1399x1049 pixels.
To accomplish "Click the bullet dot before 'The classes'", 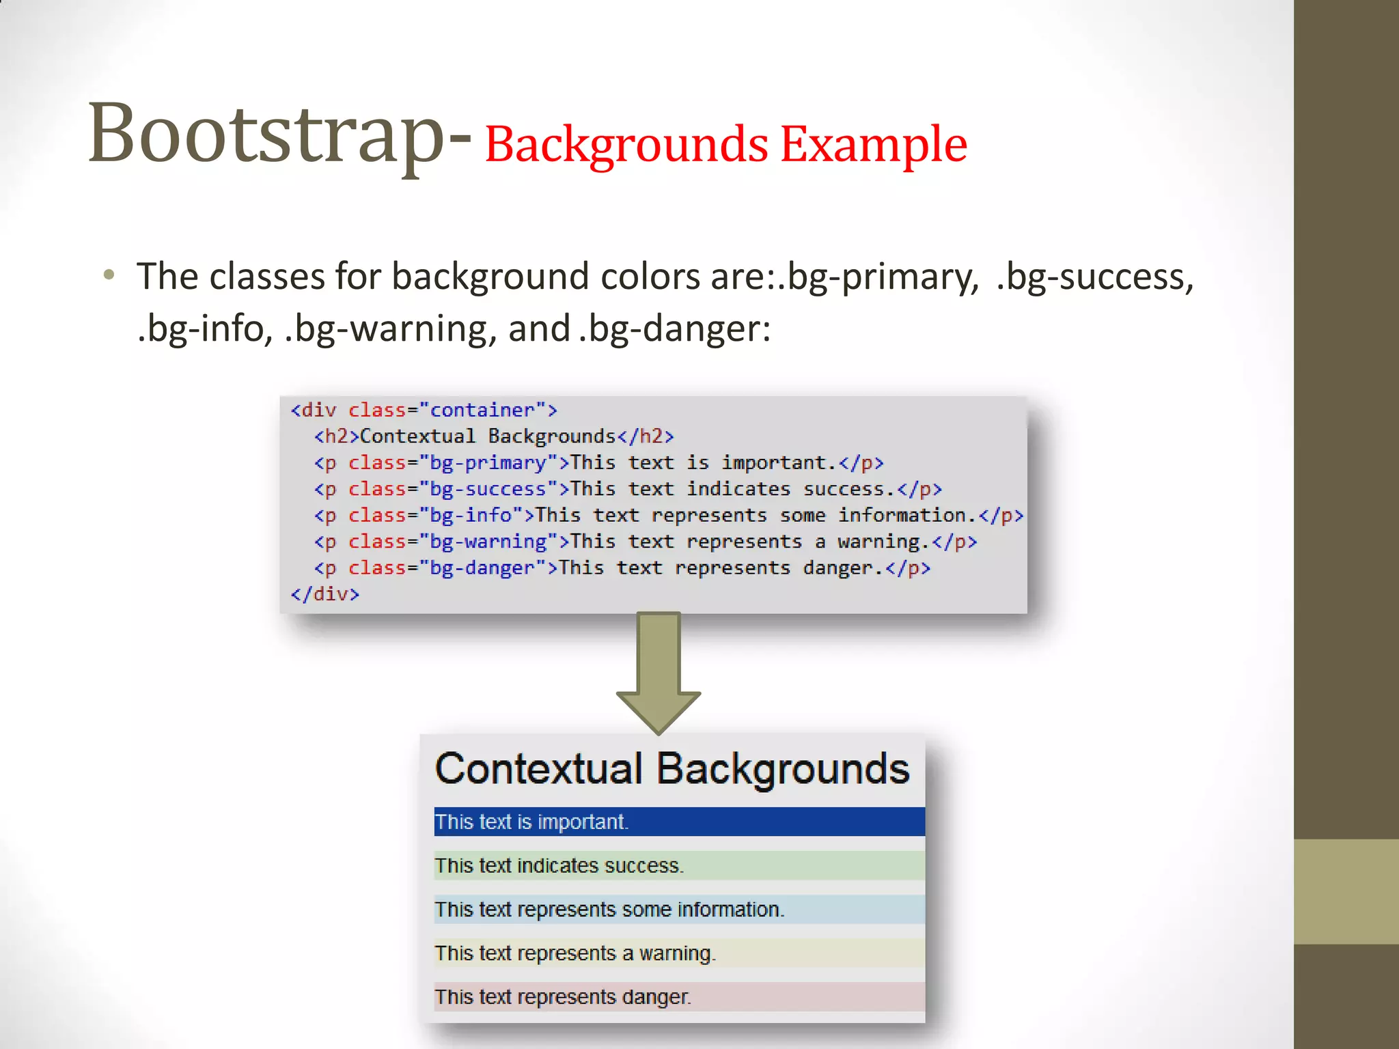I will click(x=109, y=275).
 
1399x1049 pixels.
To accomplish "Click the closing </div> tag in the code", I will click(x=324, y=594).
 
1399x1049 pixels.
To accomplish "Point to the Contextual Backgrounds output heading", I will click(x=672, y=769).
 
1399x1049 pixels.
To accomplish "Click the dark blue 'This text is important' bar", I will click(x=679, y=822).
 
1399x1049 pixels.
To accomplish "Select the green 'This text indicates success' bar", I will click(x=679, y=865).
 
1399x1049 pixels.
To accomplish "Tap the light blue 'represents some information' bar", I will click(x=679, y=909).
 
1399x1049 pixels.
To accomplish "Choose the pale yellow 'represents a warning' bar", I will click(x=679, y=953).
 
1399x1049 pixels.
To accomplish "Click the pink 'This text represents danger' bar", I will click(x=679, y=996).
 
